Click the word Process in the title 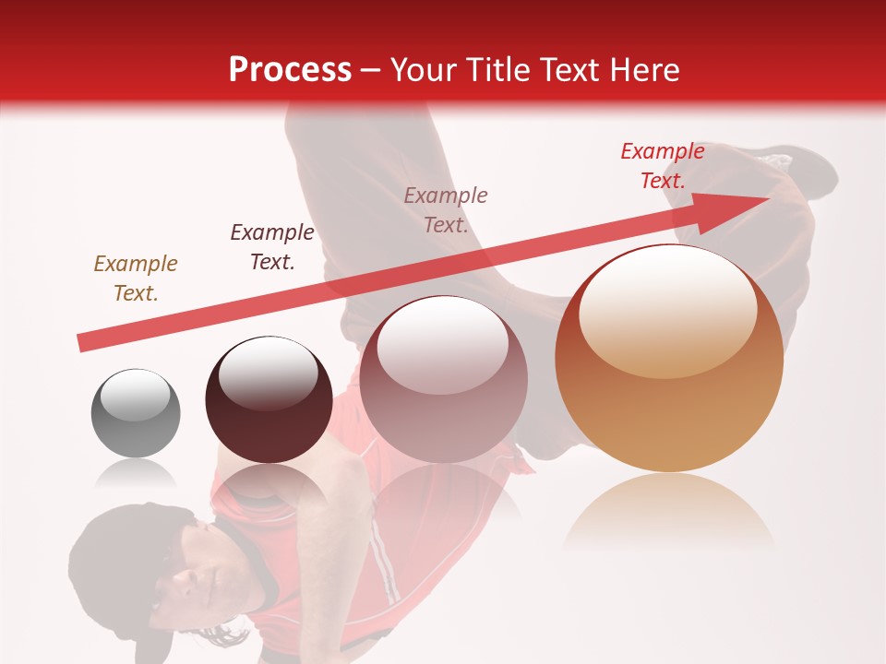290,70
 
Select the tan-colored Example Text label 136,279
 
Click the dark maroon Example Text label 272,246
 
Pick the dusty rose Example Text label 446,209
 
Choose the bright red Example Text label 663,166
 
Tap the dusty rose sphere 443,380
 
